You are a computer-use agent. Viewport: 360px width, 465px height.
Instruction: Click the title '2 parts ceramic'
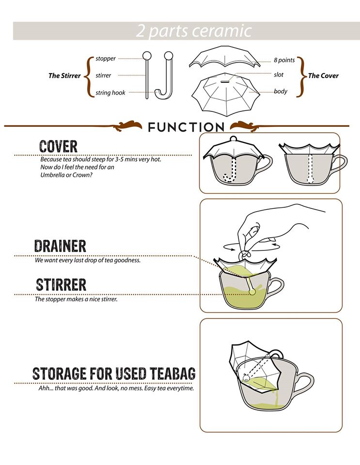pyautogui.click(x=194, y=31)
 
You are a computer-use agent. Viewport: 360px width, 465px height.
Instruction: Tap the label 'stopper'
pyautogui.click(x=106, y=59)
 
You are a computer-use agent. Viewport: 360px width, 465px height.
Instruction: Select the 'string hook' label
pyautogui.click(x=110, y=93)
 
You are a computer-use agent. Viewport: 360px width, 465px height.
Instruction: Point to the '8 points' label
pyautogui.click(x=284, y=60)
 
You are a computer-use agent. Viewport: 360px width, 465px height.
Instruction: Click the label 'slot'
pyautogui.click(x=279, y=75)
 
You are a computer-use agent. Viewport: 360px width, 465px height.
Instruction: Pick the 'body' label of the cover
pyautogui.click(x=281, y=92)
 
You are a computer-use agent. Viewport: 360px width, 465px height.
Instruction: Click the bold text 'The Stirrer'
pyautogui.click(x=64, y=76)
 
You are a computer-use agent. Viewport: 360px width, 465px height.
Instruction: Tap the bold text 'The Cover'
pyautogui.click(x=323, y=76)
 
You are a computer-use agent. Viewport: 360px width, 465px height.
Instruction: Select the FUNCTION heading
pyautogui.click(x=186, y=127)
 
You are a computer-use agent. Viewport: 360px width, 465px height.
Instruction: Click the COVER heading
pyautogui.click(x=59, y=146)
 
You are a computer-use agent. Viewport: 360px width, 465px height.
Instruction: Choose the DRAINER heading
pyautogui.click(x=60, y=246)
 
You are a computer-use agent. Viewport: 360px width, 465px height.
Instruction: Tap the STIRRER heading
pyautogui.click(x=61, y=285)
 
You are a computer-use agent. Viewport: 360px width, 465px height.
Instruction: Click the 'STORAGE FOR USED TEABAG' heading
pyautogui.click(x=114, y=373)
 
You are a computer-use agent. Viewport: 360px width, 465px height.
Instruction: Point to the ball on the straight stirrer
pyautogui.click(x=147, y=56)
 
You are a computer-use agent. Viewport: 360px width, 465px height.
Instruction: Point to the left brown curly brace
pyautogui.click(x=89, y=76)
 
